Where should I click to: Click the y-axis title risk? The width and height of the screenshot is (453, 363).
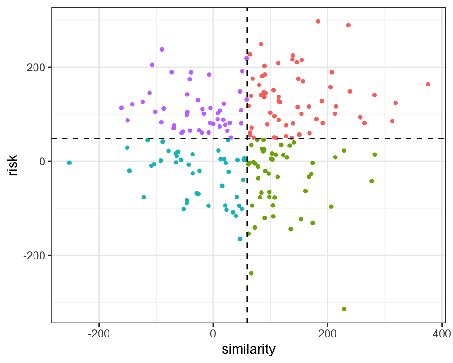[x=14, y=165]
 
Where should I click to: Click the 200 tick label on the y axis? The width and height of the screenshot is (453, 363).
[x=38, y=67]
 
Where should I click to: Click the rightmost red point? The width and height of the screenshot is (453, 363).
[x=428, y=85]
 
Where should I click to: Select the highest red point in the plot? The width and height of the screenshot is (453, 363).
[x=318, y=21]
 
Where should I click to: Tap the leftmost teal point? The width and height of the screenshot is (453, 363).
[x=69, y=163]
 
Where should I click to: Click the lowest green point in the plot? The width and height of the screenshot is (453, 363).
[x=344, y=309]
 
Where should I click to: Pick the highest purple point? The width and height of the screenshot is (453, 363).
[x=162, y=49]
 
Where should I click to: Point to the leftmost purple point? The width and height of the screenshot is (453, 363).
[x=121, y=108]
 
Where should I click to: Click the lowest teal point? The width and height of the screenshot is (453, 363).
[x=240, y=239]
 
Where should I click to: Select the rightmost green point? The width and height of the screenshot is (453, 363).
[x=375, y=155]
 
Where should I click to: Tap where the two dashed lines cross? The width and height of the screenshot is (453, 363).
[x=247, y=138]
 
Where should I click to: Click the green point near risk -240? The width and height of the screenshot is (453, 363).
[x=251, y=273]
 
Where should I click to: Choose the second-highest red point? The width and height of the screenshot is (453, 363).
[x=348, y=26]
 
